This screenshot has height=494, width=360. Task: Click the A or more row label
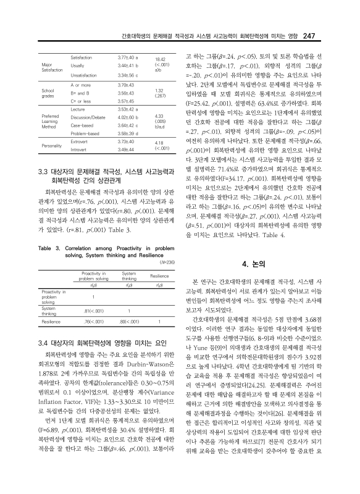point(82,83)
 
